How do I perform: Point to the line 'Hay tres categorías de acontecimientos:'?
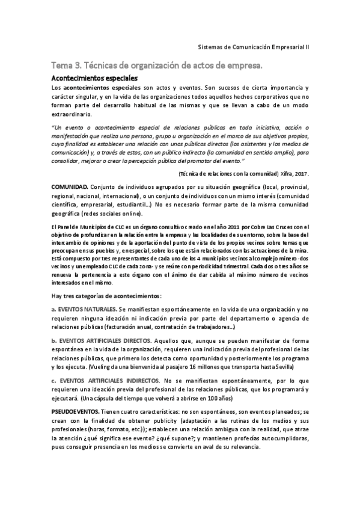pyautogui.click(x=106, y=296)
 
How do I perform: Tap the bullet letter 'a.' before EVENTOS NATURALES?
pyautogui.click(x=54, y=309)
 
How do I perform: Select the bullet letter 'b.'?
pyautogui.click(x=54, y=341)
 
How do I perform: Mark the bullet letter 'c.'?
pyautogui.click(x=54, y=381)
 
